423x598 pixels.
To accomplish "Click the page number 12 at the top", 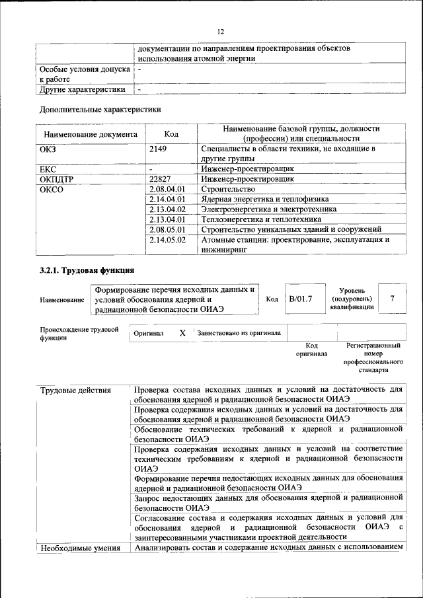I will tap(221, 31).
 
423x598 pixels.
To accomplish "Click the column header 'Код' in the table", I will tap(171, 134).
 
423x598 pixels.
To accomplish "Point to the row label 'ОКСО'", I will tap(52, 189).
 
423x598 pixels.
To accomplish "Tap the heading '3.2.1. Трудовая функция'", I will tap(87, 270).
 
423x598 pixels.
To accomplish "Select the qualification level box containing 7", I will tap(393, 299).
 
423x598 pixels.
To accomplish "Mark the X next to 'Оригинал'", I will tap(182, 334).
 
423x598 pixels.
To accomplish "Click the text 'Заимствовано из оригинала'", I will tap(239, 334).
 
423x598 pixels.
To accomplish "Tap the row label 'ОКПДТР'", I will tap(58, 178).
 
